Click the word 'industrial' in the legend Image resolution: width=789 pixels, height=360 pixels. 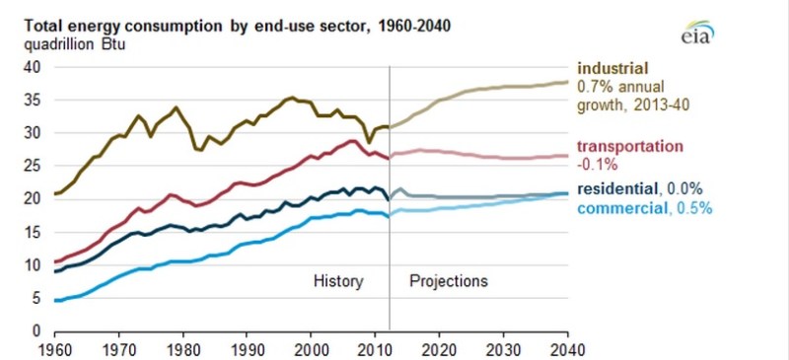611,68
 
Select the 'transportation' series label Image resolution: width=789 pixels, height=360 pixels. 630,147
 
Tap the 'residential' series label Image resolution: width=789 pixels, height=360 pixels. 617,188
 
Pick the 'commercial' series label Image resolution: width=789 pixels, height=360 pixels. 621,207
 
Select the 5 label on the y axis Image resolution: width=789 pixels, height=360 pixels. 36,298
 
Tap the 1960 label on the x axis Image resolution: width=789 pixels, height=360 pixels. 54,349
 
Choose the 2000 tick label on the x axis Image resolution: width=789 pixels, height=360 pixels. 311,349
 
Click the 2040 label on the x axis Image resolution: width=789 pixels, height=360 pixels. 567,349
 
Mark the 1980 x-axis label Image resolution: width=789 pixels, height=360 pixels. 182,349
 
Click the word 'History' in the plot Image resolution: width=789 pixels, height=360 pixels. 338,281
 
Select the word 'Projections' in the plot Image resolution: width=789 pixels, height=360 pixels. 449,281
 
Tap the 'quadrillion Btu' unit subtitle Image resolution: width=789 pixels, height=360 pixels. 75,44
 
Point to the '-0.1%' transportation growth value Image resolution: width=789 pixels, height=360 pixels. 597,165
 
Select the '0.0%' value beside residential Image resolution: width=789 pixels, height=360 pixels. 684,188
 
